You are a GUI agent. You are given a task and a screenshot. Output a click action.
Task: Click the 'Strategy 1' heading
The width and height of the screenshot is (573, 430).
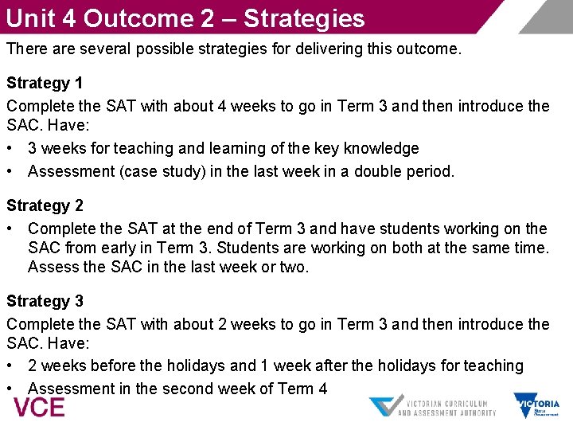45,83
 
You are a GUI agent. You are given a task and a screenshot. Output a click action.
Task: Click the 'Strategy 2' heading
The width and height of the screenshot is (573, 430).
45,205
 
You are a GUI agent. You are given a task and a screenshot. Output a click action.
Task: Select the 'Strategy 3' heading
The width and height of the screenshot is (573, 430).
45,301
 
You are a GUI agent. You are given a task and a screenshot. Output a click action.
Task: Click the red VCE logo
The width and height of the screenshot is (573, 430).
39,407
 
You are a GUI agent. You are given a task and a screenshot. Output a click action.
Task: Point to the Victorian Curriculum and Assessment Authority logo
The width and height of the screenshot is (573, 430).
433,406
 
